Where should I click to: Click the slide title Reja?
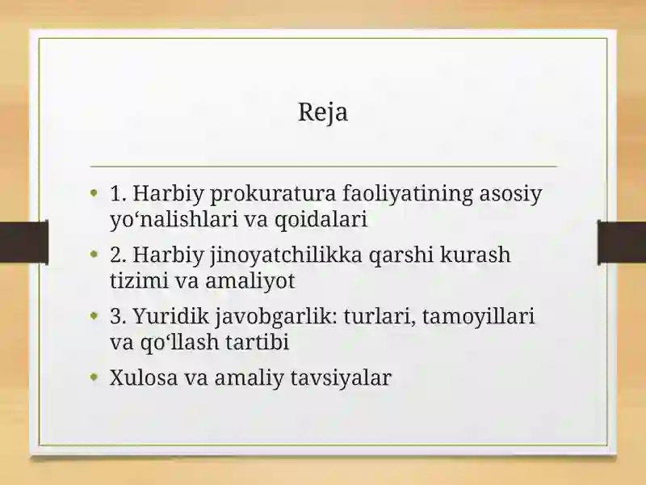323,112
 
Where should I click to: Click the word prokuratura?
273,193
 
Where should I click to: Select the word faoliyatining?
408,193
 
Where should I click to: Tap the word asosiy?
510,193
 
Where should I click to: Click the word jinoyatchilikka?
286,255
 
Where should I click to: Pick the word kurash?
475,255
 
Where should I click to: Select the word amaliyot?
250,280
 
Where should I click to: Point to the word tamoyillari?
478,316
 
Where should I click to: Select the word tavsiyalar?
341,377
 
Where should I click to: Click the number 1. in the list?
118,193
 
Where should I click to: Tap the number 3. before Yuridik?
118,316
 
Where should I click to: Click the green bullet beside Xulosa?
94,376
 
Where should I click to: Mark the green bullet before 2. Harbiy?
94,253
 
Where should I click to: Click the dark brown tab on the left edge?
24,242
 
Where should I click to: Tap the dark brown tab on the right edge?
622,242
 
